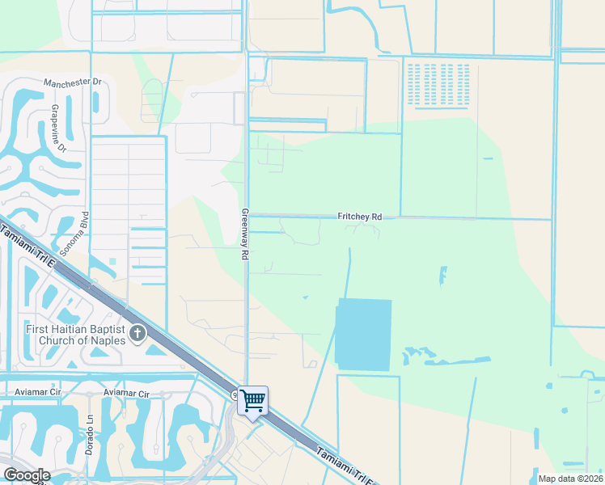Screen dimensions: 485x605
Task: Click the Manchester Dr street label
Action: click(x=72, y=82)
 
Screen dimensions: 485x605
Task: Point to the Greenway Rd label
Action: click(x=243, y=234)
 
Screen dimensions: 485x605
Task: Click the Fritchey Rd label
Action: click(x=359, y=217)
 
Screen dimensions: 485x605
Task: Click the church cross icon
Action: click(x=138, y=332)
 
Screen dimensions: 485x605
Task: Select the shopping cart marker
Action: click(x=253, y=399)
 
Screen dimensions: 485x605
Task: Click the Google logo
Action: click(x=27, y=475)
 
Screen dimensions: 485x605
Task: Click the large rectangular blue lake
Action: click(x=363, y=335)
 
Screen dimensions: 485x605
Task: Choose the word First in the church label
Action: click(x=37, y=328)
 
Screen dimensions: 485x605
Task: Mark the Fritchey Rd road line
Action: click(x=469, y=217)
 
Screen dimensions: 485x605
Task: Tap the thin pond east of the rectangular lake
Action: click(x=442, y=275)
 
